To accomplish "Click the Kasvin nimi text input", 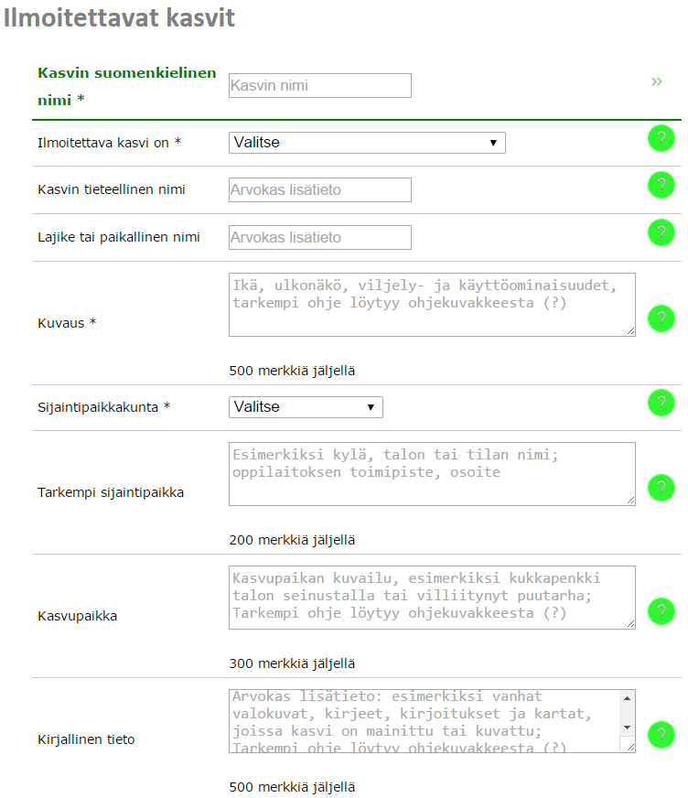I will (x=319, y=85).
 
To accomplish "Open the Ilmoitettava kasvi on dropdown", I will (x=366, y=143).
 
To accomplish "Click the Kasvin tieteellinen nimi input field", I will (x=319, y=189).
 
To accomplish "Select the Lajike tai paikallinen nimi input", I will (x=319, y=237).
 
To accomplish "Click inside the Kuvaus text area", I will (x=431, y=305).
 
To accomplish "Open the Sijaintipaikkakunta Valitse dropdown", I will (x=305, y=406).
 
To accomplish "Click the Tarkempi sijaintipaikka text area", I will (x=431, y=474).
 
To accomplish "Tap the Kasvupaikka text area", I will (x=431, y=597).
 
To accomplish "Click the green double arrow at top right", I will (x=656, y=81).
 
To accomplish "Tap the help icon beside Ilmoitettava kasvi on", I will (x=661, y=139).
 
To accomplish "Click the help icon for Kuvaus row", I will (x=661, y=318).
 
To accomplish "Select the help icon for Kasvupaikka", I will (x=661, y=610).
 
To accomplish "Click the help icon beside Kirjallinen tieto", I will (x=661, y=734).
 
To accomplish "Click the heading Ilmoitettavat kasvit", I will (x=119, y=18).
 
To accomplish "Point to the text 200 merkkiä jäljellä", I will (x=292, y=540).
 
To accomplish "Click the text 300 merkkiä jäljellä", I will (x=292, y=663).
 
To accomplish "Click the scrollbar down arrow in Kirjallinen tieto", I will (x=628, y=727).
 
